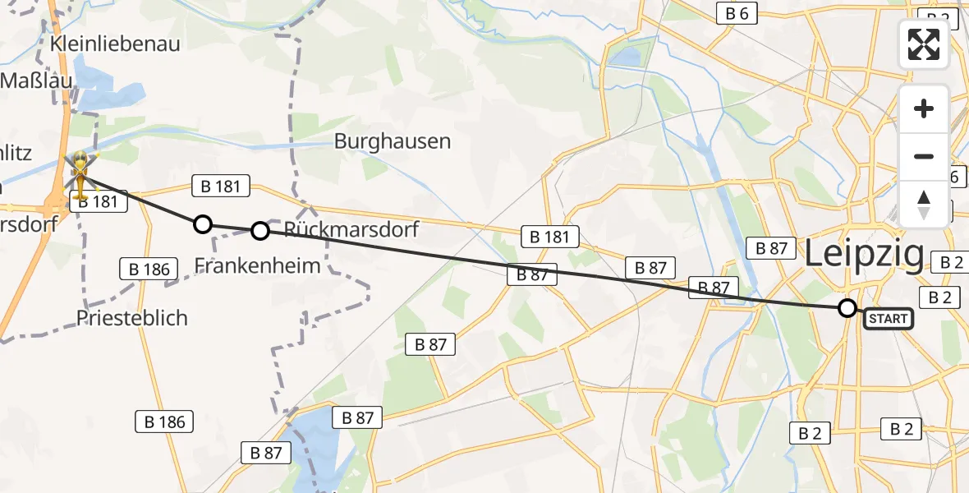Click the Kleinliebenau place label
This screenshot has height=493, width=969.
pyautogui.click(x=115, y=44)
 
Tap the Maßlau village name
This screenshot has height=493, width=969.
pyautogui.click(x=37, y=81)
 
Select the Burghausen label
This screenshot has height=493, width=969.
pyautogui.click(x=393, y=141)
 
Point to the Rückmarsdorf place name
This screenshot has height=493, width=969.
pyautogui.click(x=351, y=230)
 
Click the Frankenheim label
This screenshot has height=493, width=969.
pyautogui.click(x=258, y=265)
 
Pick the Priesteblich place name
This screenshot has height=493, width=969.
pyautogui.click(x=131, y=317)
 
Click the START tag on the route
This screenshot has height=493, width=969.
pyautogui.click(x=888, y=318)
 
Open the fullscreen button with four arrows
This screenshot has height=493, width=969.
pyautogui.click(x=924, y=44)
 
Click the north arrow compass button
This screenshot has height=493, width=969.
pyautogui.click(x=924, y=204)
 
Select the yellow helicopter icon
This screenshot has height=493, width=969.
pyautogui.click(x=80, y=171)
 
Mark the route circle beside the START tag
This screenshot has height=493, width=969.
pyautogui.click(x=847, y=308)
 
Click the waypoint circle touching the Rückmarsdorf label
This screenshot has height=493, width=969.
pyautogui.click(x=259, y=231)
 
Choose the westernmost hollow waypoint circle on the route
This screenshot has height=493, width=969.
pyautogui.click(x=202, y=223)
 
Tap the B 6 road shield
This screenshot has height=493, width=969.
pyautogui.click(x=737, y=12)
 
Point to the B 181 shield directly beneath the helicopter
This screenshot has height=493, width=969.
pyautogui.click(x=99, y=200)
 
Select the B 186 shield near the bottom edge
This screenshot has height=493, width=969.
pyautogui.click(x=164, y=422)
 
